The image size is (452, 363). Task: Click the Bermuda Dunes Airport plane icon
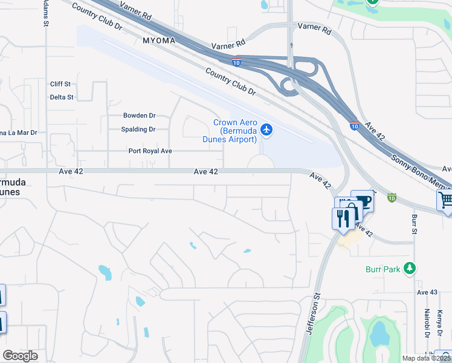pos(266,130)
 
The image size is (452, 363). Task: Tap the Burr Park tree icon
pos(410,268)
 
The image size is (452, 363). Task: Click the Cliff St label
pos(60,84)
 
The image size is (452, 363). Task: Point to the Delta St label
pos(62,97)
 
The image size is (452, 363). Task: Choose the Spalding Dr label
pos(139,129)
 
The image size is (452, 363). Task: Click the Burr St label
pos(415,223)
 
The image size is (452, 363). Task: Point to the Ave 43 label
pos(427,292)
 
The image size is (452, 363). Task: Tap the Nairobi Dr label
pos(427,322)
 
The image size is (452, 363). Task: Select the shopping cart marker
pos(446,200)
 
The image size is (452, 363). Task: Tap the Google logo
pos(20,356)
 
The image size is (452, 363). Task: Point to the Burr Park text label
pos(383,269)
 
